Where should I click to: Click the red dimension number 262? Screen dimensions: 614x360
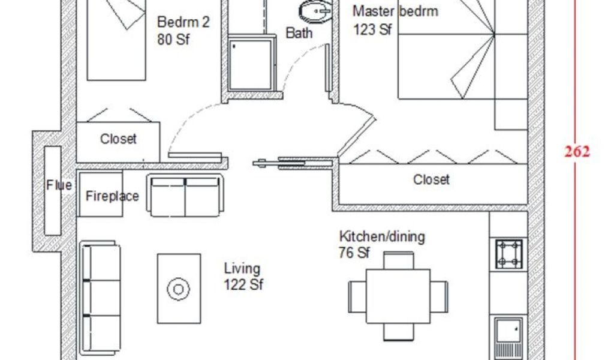coord(577,151)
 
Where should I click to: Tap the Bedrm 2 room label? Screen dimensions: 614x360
coord(183,22)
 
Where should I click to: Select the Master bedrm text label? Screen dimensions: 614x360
coord(395,11)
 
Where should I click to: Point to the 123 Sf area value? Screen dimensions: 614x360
coord(372,29)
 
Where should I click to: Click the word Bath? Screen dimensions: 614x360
coord(299,33)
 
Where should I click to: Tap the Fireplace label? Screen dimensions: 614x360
coord(112,196)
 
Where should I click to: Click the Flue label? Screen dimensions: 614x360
coord(59,185)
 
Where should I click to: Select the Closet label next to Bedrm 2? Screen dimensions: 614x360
coord(118,139)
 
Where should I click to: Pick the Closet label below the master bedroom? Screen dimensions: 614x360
coord(431,179)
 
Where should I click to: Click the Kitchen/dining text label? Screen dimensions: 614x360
coord(382,236)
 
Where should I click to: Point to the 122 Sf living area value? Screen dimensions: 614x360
coord(243,284)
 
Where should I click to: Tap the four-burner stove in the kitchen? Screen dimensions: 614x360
coord(508,254)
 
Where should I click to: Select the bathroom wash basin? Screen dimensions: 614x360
coord(315,11)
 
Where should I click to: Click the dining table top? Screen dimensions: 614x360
coord(398,296)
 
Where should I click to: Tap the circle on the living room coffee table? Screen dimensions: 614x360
coord(178,289)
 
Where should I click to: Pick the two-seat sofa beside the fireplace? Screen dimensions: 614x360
coord(185,196)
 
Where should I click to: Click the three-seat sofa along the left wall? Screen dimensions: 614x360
coord(100,298)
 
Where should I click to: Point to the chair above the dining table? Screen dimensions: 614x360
coord(398,260)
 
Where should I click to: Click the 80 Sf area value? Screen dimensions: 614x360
coord(173,40)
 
